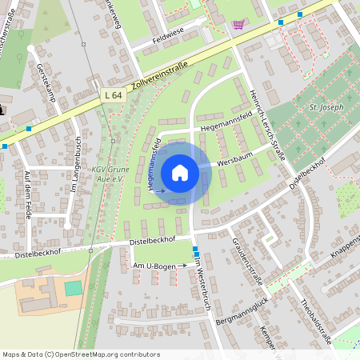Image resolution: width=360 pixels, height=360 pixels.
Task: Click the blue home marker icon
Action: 180,172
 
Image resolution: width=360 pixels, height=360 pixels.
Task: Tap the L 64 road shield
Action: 113,95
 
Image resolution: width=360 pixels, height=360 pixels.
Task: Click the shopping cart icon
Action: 238,24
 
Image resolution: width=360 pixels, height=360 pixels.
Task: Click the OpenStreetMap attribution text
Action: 81,354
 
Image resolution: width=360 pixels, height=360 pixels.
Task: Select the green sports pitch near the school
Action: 74,286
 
